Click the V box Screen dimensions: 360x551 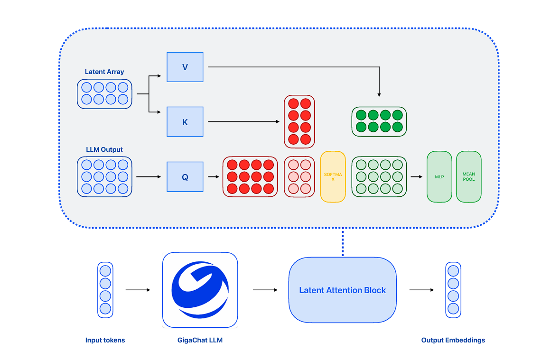click(185, 67)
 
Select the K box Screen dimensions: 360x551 click(185, 122)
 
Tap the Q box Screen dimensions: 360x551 click(185, 177)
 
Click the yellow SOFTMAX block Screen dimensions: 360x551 click(333, 177)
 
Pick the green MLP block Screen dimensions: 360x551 click(439, 177)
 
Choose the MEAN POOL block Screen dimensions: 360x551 click(468, 177)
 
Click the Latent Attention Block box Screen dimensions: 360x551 click(342, 290)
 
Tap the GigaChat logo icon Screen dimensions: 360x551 click(200, 289)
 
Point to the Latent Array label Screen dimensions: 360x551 click(104, 72)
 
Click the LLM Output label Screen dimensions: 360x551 click(104, 150)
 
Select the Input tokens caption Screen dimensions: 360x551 click(105, 340)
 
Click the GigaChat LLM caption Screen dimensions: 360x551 click(200, 340)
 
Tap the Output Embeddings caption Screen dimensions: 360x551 click(453, 340)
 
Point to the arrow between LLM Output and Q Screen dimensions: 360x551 click(149, 177)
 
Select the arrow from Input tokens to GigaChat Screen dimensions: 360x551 click(138, 290)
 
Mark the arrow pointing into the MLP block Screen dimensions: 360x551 click(417, 177)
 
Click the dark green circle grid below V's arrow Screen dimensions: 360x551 click(379, 121)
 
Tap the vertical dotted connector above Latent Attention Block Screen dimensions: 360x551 click(342, 242)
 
